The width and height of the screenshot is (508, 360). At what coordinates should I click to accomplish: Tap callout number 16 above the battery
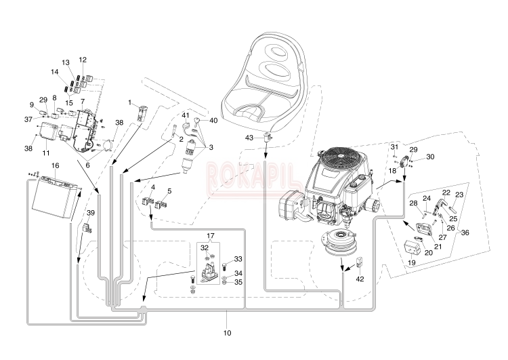tap(55, 165)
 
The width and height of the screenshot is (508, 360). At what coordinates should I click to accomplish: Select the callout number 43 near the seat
tap(249, 138)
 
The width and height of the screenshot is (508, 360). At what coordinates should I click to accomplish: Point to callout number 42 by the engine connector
tap(360, 278)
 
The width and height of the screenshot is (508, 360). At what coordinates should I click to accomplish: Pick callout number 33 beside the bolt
tap(238, 258)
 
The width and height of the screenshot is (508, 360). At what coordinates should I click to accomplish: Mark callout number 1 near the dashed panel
tap(129, 102)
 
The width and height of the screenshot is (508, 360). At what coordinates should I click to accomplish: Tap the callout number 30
tap(429, 157)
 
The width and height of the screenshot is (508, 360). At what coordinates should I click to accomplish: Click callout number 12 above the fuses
tap(83, 60)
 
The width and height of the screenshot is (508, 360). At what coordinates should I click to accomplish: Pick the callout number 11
tap(45, 153)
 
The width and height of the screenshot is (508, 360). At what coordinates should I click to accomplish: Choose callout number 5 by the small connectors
tap(169, 191)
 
